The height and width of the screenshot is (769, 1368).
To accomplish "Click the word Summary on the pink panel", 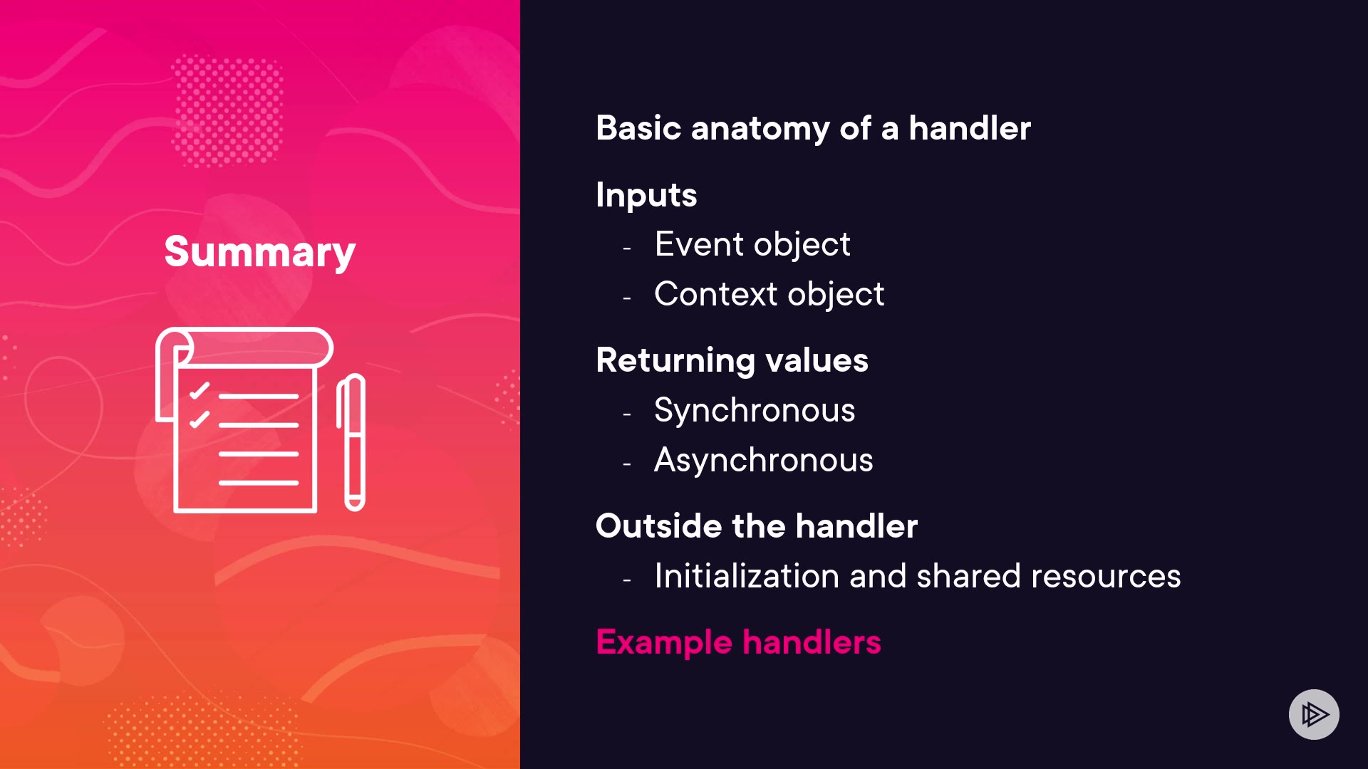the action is coord(260,253).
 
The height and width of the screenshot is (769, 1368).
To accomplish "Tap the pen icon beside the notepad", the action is coord(351,442).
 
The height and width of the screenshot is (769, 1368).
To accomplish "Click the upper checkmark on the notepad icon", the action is coord(199,391).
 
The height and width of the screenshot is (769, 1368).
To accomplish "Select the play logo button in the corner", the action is coord(1314,714).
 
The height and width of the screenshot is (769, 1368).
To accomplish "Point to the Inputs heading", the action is coord(646,195).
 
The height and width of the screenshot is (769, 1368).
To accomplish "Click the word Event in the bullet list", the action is coord(699,244).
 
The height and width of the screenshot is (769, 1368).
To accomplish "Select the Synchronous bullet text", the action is coord(755,411).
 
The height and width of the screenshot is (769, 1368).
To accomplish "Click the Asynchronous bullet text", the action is coord(763,461).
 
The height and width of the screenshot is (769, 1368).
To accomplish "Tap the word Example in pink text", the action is coord(664,643).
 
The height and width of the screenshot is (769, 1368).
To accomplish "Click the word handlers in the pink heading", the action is coord(812,642).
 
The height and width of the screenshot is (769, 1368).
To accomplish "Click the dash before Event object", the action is coord(627,249).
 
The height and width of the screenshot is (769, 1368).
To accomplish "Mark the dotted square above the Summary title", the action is coord(227,111).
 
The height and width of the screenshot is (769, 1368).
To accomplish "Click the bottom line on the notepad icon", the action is coord(258,483).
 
